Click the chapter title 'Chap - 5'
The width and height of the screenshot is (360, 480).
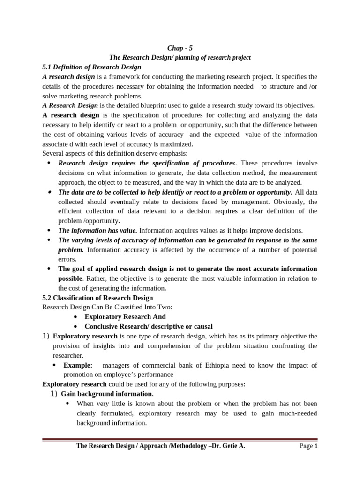(x=180, y=48)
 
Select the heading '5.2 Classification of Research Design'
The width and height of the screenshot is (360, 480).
(x=97, y=298)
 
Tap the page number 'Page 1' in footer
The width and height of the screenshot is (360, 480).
(x=308, y=446)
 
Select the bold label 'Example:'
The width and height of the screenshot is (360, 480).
(x=78, y=365)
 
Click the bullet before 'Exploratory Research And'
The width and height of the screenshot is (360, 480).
(x=75, y=317)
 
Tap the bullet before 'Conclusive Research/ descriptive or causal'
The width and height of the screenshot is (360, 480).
(x=75, y=327)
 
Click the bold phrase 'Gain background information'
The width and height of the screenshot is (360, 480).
(x=106, y=394)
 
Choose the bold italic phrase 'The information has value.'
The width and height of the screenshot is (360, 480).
(x=97, y=230)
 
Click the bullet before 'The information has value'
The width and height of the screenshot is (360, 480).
(x=49, y=230)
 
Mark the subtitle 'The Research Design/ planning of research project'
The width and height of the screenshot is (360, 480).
(x=180, y=58)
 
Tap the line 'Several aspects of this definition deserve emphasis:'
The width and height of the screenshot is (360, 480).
(x=115, y=153)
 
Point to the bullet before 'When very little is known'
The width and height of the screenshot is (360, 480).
(x=68, y=404)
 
